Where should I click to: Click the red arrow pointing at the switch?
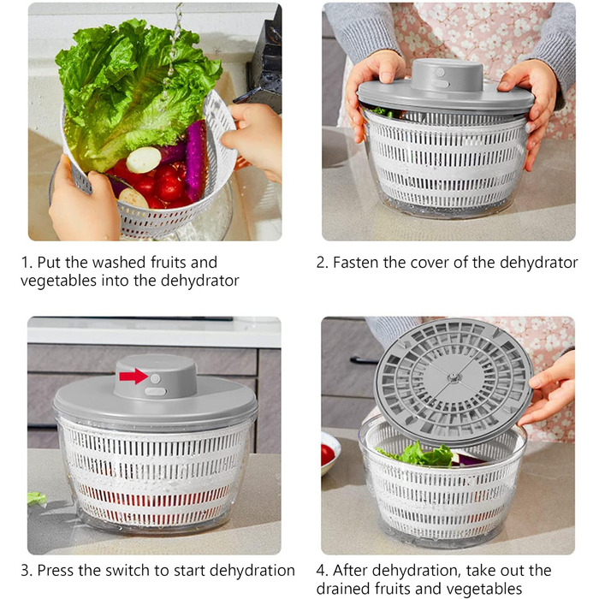point(133,377)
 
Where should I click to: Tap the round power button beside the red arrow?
point(155,378)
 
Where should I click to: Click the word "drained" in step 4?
point(344,589)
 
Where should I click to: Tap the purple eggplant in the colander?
point(196,160)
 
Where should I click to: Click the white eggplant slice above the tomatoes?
point(144,160)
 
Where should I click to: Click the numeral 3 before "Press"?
point(26,571)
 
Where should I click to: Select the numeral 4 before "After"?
point(321,571)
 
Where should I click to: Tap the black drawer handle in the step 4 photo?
point(364,360)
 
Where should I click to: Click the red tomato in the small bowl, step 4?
point(327,455)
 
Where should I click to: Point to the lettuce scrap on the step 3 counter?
point(37,499)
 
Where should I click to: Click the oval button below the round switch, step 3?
point(155,392)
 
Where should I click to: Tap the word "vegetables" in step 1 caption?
point(58,281)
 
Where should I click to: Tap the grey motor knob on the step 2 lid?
point(447,75)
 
